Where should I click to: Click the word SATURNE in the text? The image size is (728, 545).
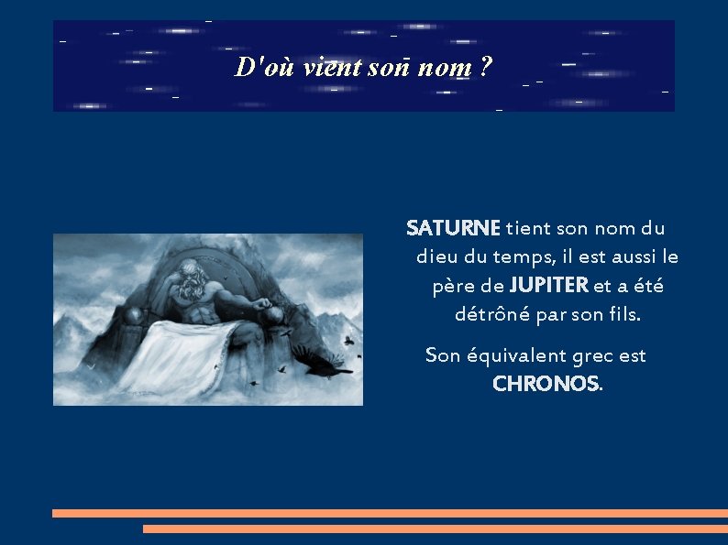(x=453, y=227)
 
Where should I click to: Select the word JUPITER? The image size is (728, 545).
(x=549, y=286)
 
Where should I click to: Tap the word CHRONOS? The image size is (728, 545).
(x=546, y=384)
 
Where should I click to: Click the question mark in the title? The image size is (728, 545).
(x=485, y=67)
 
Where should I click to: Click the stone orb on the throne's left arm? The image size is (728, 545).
(x=136, y=315)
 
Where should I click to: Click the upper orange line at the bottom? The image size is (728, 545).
(x=390, y=513)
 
